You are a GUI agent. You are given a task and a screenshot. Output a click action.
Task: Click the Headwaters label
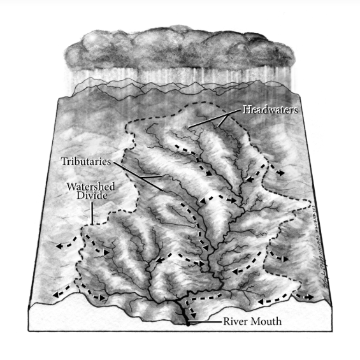270,110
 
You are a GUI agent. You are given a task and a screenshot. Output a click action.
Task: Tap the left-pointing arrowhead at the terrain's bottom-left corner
57,295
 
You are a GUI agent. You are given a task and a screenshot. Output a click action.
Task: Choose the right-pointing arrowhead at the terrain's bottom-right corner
308,296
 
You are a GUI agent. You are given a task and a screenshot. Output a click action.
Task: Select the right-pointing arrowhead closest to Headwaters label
280,173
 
